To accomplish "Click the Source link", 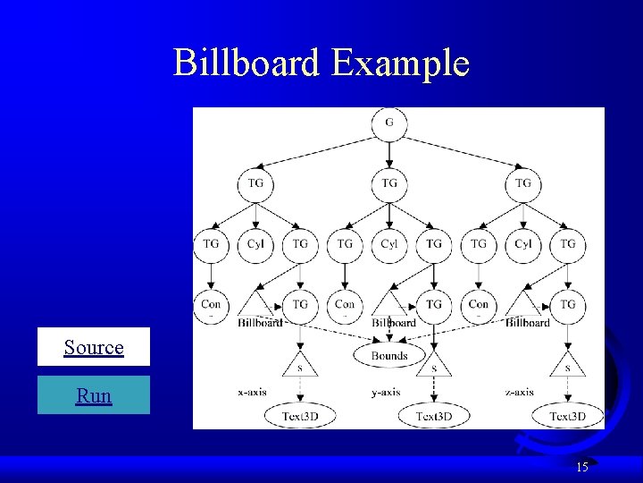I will click(94, 347).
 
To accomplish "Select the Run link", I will click(94, 395).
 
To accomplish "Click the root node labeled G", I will click(389, 123).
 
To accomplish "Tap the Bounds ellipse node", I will click(389, 355).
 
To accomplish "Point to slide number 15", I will click(581, 467).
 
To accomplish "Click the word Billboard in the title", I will click(246, 64).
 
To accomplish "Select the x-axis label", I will click(253, 392).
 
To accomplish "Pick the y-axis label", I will click(386, 392).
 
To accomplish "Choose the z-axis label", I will click(520, 392).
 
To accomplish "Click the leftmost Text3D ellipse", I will click(300, 417).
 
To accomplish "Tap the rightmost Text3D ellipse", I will click(568, 417).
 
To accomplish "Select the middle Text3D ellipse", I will click(434, 417).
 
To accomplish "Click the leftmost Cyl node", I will click(255, 243).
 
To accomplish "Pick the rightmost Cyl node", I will click(523, 243).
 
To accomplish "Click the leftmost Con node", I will click(212, 305).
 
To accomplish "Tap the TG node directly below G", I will click(389, 183).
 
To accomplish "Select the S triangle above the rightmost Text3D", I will click(568, 366).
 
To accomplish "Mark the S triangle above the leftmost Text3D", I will click(300, 366).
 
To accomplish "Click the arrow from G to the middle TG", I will click(389, 153).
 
